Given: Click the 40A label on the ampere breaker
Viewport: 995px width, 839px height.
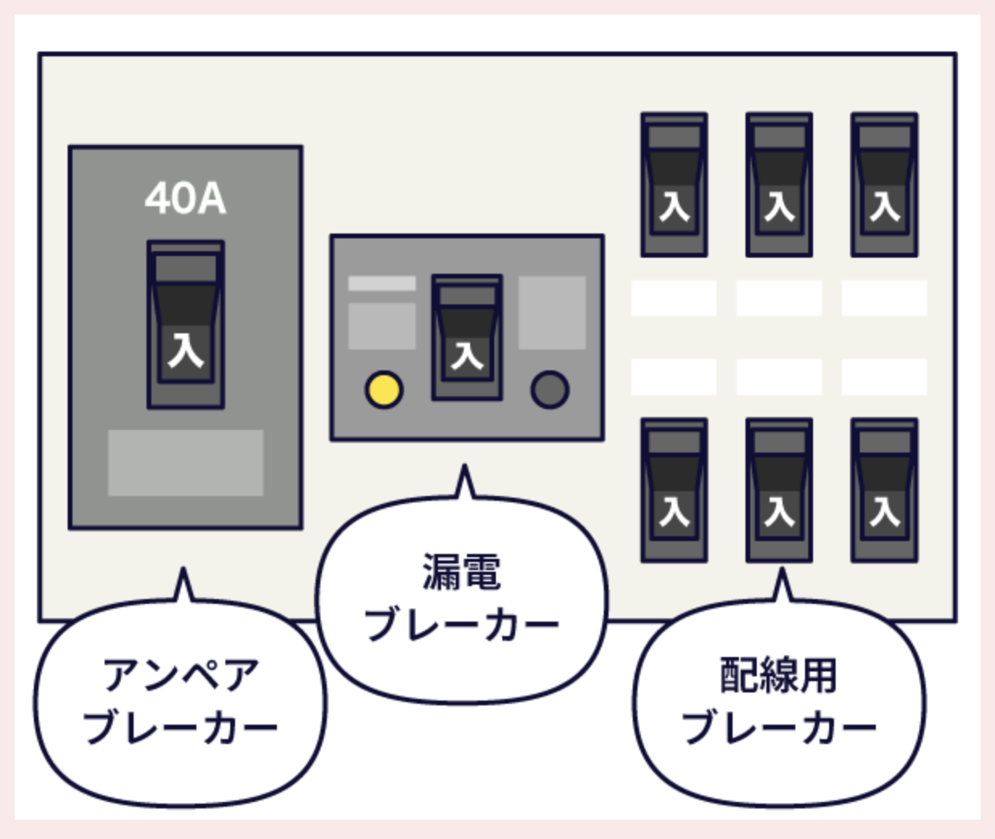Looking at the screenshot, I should pos(185,199).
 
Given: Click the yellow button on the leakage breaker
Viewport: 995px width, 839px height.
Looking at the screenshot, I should pos(384,390).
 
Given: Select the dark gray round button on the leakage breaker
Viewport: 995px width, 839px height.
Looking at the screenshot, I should pos(550,390).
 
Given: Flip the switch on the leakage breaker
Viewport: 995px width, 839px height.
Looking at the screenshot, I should pos(467,337).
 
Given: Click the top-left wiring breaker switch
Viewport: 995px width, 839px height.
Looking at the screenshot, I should pos(674,184).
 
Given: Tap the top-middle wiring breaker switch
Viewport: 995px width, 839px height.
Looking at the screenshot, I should pos(778,184).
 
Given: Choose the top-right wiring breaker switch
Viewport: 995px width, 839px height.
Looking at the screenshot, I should pos(884,184).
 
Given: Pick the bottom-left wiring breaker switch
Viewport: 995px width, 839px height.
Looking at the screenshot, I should pos(674,490).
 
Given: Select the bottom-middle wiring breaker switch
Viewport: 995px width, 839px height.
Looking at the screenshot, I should pos(778,490).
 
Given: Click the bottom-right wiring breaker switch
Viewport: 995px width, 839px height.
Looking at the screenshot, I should pos(884,490).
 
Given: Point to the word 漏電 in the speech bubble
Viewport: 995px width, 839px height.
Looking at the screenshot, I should pos(461,572).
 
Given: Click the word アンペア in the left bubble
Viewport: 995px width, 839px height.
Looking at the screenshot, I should pos(181,675).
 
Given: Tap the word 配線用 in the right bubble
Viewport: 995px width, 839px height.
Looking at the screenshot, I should pos(778,675).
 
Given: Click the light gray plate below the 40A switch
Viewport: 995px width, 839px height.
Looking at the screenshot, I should pos(185,462).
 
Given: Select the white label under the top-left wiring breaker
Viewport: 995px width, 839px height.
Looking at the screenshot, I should pos(674,298).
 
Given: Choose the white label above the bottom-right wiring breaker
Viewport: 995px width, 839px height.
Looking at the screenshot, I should pos(884,377).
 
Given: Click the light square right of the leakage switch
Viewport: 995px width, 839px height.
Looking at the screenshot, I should pos(551,312).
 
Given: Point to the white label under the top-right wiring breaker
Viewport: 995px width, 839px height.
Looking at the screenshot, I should pos(884,298).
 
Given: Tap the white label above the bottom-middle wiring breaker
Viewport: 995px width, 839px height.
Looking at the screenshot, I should pos(778,377).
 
